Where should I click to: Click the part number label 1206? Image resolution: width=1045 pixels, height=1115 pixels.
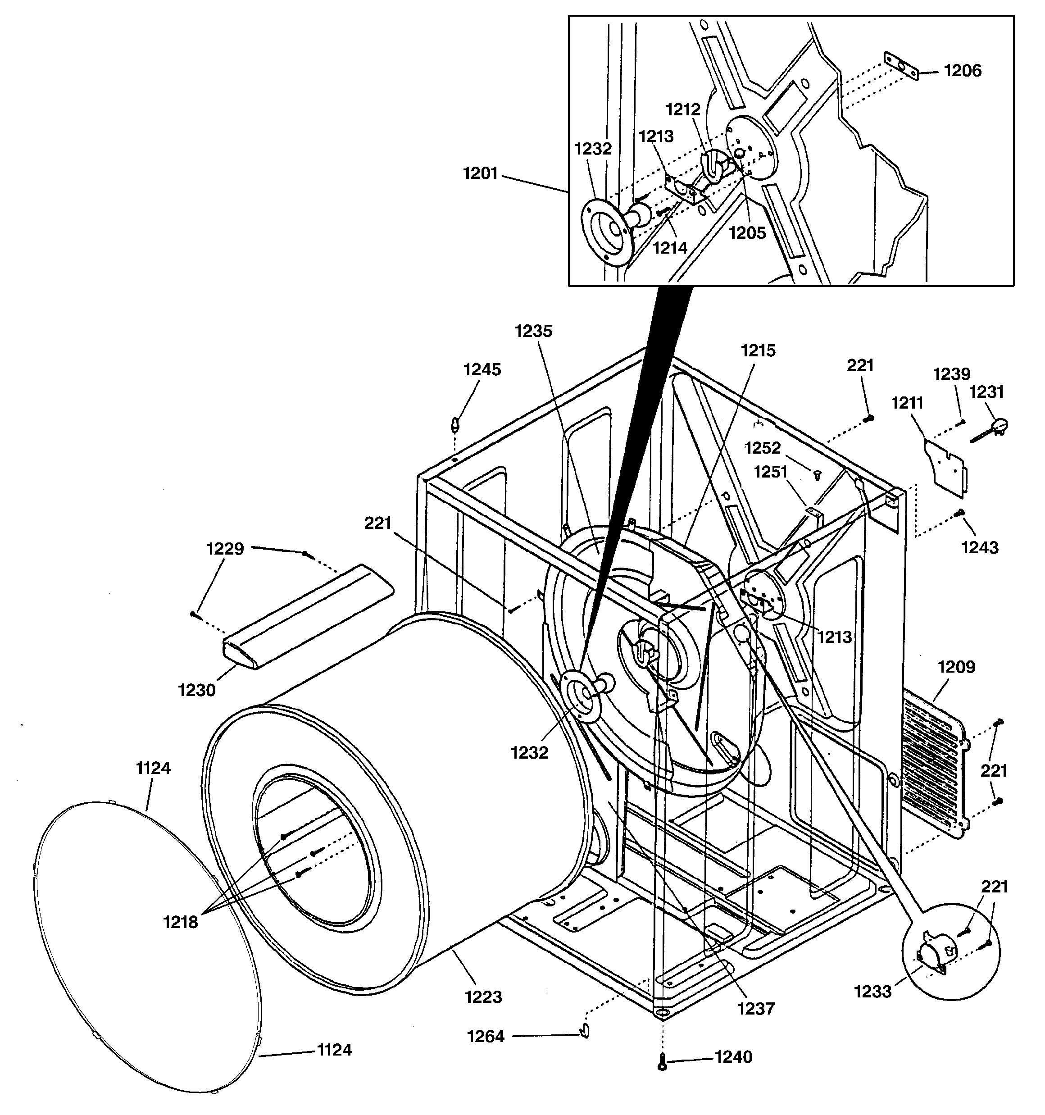tap(963, 71)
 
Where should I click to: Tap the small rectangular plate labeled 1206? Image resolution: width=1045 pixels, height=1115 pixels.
tap(901, 66)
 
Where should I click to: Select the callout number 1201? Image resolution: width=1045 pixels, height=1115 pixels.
tap(480, 174)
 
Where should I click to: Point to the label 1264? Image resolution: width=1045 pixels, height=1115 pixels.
tap(486, 1037)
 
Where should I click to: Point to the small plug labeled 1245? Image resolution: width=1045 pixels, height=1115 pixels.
tap(455, 424)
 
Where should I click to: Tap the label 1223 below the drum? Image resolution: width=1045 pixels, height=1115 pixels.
tap(483, 997)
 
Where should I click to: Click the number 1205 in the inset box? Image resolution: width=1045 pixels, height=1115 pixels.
tap(747, 233)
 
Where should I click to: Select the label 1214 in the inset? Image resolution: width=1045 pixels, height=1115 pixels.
tap(670, 247)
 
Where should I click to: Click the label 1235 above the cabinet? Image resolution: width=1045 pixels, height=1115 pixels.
tap(533, 331)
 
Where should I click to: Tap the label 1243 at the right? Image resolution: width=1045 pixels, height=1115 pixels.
tap(980, 547)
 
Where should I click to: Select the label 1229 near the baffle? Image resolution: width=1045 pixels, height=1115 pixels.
tap(225, 549)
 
